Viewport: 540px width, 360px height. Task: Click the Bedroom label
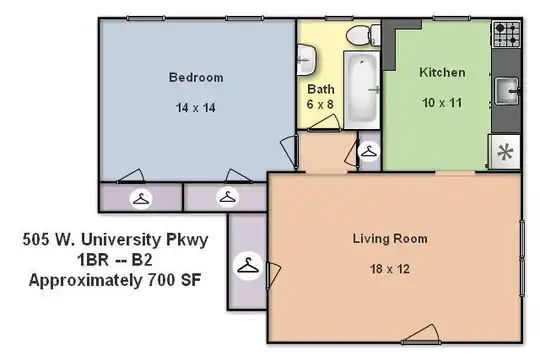point(196,77)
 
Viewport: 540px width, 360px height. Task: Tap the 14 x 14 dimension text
point(196,108)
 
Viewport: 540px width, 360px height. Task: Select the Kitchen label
point(442,72)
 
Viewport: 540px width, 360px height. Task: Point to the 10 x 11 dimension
point(442,103)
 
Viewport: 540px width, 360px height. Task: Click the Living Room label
point(390,239)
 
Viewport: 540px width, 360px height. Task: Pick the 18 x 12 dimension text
point(390,269)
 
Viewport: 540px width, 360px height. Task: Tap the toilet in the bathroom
point(363,35)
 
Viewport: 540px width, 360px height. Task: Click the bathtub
point(362,90)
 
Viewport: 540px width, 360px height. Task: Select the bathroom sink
point(306,60)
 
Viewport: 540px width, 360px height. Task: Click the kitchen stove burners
point(506,34)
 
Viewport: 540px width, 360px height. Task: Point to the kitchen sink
point(507,91)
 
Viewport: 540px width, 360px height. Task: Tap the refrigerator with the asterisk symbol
point(505,152)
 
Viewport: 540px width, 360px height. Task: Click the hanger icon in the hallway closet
point(369,152)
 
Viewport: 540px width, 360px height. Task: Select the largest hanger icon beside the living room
point(248,266)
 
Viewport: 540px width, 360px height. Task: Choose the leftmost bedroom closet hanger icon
point(141,199)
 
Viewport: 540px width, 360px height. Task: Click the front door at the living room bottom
point(421,335)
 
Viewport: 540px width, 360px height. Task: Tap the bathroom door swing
point(324,123)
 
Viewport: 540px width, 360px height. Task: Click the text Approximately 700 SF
point(115,280)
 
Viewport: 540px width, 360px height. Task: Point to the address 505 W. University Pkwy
point(115,239)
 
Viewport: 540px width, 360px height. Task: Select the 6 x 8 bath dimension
point(320,104)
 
